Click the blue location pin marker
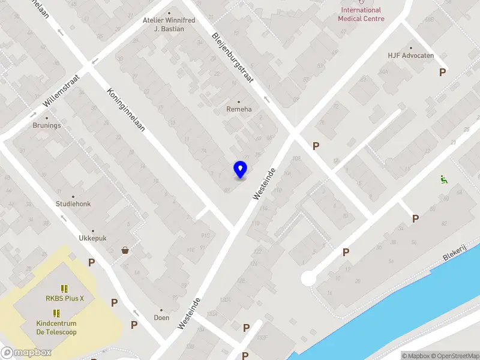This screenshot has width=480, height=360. coord(241,169)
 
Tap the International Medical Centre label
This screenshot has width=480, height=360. coord(361,14)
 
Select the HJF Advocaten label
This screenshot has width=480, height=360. coord(410,56)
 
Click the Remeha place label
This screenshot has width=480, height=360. coord(238,109)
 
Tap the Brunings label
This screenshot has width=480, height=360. coord(47,126)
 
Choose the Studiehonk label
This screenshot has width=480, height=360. coord(73,204)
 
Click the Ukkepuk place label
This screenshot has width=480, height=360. coord(92,238)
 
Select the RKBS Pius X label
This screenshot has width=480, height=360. coord(65,298)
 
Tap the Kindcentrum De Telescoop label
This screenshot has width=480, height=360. coord(56,328)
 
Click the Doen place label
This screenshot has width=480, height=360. coord(161,317)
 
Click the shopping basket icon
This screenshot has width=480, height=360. coord(125,250)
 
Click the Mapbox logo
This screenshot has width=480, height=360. coord(26,353)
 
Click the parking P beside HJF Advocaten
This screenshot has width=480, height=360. coord(443,72)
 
